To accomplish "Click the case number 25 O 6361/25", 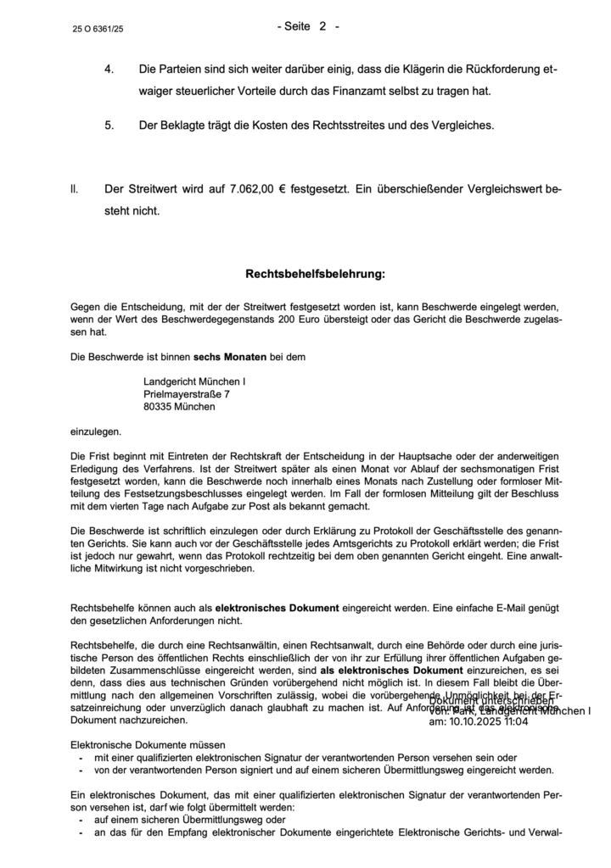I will (x=100, y=29).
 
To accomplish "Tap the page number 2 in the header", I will (x=322, y=26).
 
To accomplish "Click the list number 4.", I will (x=109, y=68).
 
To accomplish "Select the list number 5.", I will (x=109, y=125).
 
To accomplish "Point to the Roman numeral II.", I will (x=75, y=187).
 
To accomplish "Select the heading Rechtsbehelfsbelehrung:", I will (x=315, y=275).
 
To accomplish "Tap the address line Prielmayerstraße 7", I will (x=186, y=394).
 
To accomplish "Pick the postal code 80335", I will (x=159, y=407).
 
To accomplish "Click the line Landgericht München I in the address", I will (x=194, y=381).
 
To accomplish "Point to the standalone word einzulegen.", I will (x=96, y=431).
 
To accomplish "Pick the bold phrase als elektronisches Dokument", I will (x=387, y=669).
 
